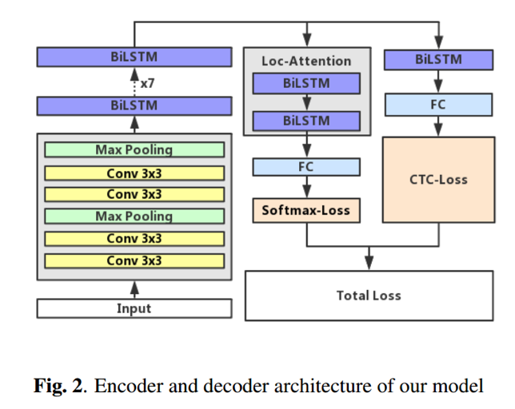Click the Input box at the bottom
(134, 308)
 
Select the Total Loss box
(368, 296)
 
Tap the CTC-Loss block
(437, 179)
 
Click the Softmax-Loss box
(306, 211)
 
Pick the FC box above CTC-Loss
(437, 104)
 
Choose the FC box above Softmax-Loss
(306, 167)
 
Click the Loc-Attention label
(306, 61)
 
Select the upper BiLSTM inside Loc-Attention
(306, 82)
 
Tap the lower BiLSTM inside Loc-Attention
(306, 120)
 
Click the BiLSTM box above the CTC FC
(437, 58)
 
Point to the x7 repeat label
(148, 82)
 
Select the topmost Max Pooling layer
(134, 149)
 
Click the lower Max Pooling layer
(134, 216)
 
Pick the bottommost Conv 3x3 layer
(134, 260)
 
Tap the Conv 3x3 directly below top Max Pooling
(134, 172)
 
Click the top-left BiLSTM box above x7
(134, 57)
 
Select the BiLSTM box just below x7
(134, 105)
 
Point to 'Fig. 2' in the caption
(58, 387)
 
